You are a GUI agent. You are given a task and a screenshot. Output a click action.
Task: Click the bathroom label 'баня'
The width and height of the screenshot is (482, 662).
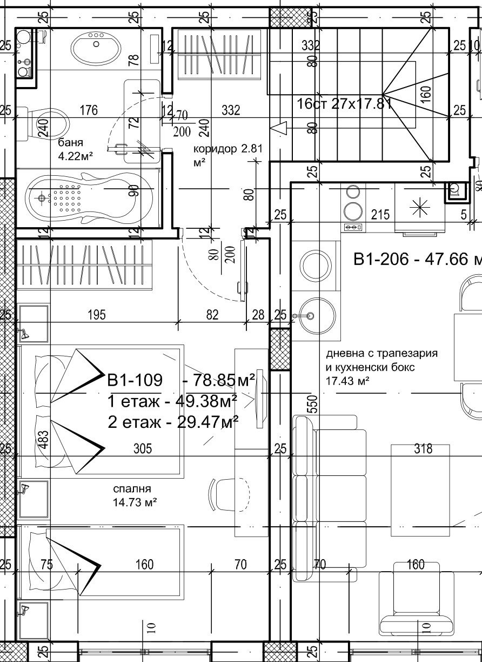(x=70, y=143)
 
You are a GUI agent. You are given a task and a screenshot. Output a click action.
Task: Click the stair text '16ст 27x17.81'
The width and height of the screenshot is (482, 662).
(x=344, y=103)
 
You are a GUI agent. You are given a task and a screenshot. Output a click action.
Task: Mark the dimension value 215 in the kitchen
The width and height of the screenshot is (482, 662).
(x=380, y=215)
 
